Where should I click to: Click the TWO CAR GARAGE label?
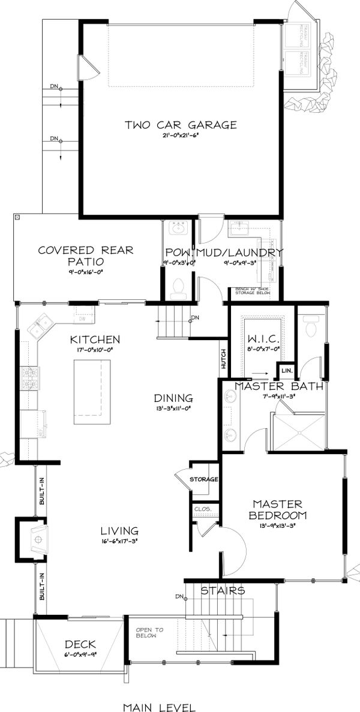coord(181,125)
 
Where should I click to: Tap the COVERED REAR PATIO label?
coord(85,256)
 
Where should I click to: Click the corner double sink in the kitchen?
coord(41,326)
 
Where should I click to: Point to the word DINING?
coord(173,398)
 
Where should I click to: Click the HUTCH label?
coord(223,357)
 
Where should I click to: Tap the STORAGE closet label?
coord(203,479)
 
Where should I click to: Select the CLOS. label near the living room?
coord(200,509)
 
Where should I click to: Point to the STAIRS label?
coord(223,591)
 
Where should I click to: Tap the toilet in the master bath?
coord(311,327)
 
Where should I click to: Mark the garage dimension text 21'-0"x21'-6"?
coord(181,137)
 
